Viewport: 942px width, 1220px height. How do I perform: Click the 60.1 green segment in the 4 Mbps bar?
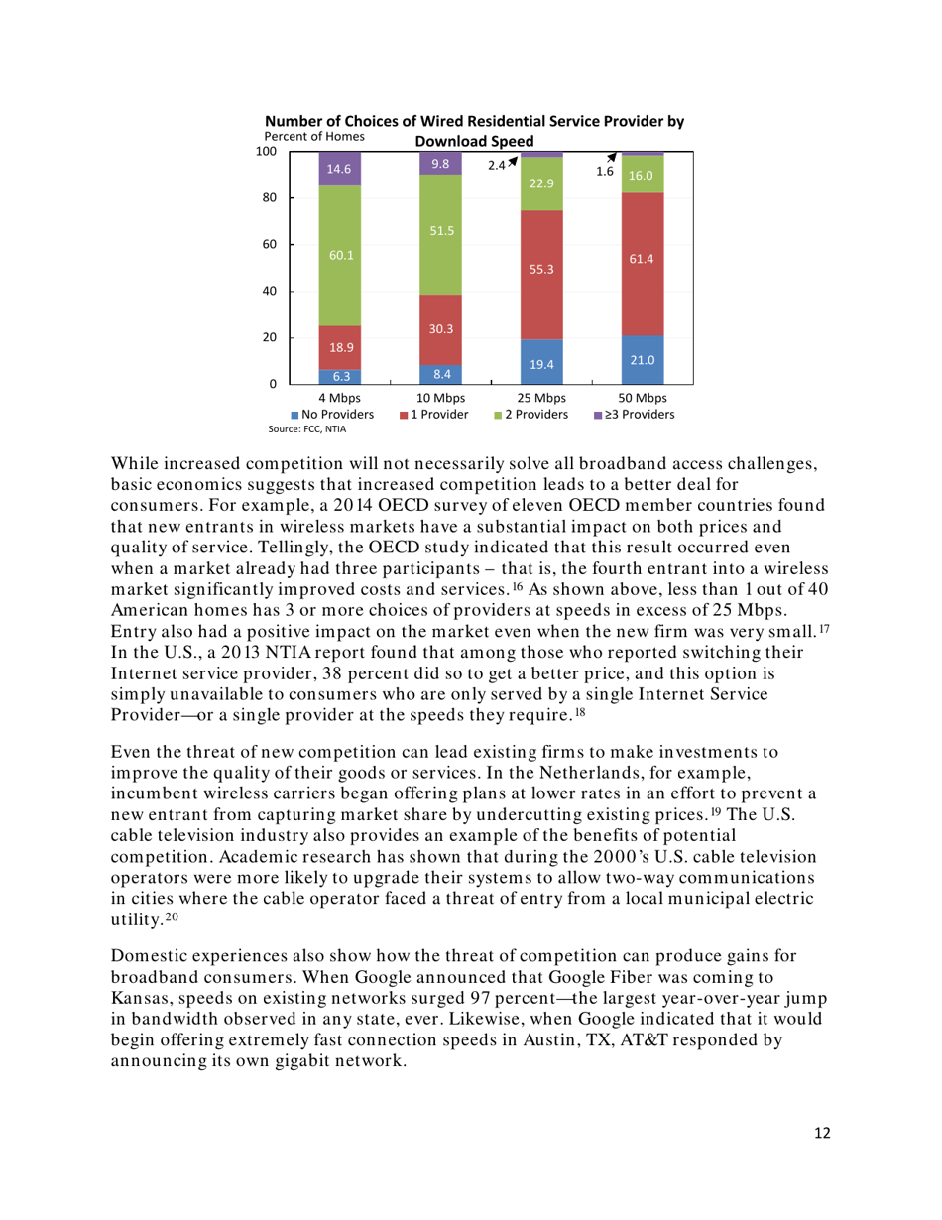pyautogui.click(x=339, y=255)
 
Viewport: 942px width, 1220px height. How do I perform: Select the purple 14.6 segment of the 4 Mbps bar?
pyautogui.click(x=339, y=169)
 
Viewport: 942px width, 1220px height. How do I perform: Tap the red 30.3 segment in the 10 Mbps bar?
pyautogui.click(x=440, y=329)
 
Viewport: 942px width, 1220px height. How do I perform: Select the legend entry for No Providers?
pyautogui.click(x=334, y=414)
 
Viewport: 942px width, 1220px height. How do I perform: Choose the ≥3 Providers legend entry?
pyautogui.click(x=634, y=414)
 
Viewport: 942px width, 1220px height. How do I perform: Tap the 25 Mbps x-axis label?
pyautogui.click(x=541, y=398)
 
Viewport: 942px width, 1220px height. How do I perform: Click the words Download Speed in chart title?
pyautogui.click(x=473, y=140)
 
